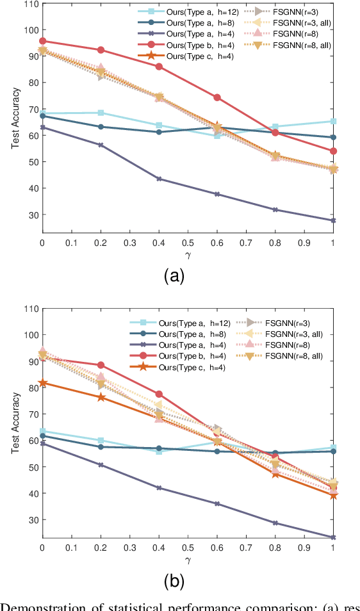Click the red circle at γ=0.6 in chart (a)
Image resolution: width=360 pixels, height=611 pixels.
coord(217,97)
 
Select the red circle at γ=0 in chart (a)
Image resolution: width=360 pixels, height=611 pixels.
coord(42,41)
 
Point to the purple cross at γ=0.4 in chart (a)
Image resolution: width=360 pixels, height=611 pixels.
coord(159,179)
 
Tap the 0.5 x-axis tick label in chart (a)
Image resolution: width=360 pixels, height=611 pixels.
coord(188,244)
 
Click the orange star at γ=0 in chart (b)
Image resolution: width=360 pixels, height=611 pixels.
coord(42,383)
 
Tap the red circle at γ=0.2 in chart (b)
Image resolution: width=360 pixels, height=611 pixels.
coord(101,365)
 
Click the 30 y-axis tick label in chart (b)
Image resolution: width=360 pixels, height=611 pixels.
coord(30,520)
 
